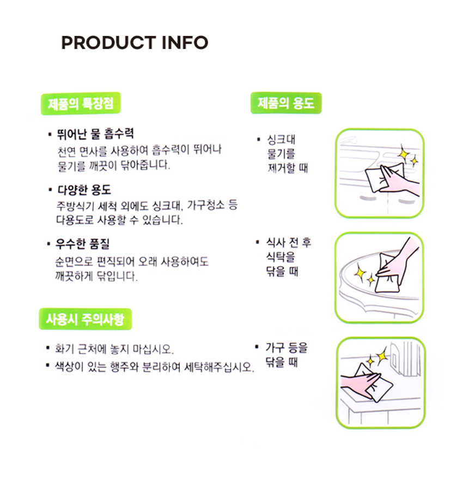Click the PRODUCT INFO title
[x=135, y=43]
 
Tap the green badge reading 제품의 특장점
[x=81, y=104]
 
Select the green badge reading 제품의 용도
[x=286, y=103]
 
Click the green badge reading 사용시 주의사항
[x=86, y=319]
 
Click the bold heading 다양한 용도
[x=84, y=190]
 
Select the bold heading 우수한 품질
[x=82, y=244]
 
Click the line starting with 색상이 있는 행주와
[x=154, y=367]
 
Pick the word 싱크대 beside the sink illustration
[x=281, y=140]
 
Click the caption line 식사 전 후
[x=289, y=242]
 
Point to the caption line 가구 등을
[x=287, y=348]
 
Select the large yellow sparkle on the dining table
[x=361, y=272]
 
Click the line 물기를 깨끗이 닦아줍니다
[x=114, y=165]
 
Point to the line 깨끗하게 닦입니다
[x=96, y=276]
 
